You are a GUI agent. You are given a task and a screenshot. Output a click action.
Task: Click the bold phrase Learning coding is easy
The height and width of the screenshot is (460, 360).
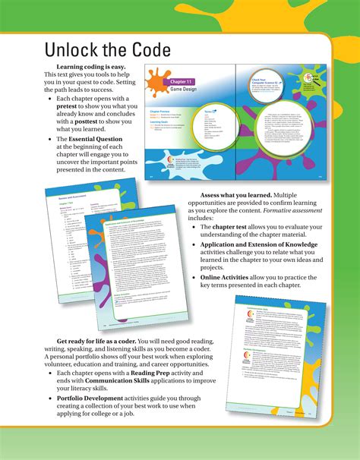(80, 67)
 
